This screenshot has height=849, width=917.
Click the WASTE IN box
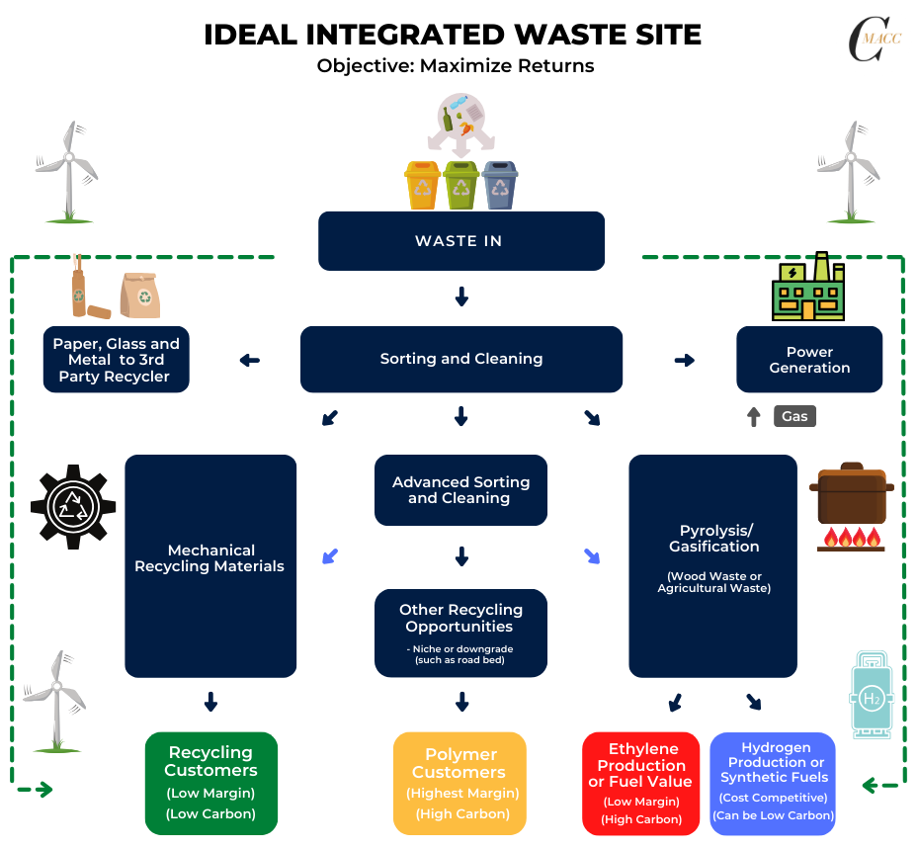click(x=460, y=241)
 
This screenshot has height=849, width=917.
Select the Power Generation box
click(x=809, y=360)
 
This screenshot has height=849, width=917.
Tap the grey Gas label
click(x=794, y=416)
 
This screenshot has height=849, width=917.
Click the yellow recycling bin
click(x=422, y=185)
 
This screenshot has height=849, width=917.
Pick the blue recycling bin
click(x=500, y=185)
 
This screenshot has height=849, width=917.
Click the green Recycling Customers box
click(x=210, y=783)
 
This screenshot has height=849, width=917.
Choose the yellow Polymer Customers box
click(x=459, y=783)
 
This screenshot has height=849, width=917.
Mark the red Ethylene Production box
click(x=641, y=783)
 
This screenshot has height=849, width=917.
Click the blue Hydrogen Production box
click(x=774, y=783)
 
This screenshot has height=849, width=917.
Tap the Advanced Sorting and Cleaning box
click(x=460, y=490)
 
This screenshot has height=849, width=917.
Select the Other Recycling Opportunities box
click(x=460, y=633)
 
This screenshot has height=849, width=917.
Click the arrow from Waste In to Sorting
click(x=460, y=297)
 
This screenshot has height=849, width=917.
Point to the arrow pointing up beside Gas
click(x=754, y=416)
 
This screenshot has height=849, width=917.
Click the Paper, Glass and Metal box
click(x=117, y=360)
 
